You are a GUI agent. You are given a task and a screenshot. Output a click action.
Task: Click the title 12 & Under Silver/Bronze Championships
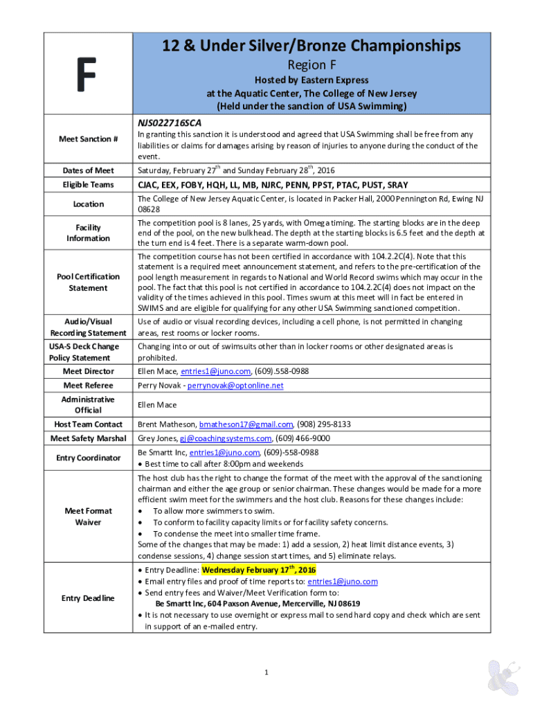311,46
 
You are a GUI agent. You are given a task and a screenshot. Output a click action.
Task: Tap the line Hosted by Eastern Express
310,80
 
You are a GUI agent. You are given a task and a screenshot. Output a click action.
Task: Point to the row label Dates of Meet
88,170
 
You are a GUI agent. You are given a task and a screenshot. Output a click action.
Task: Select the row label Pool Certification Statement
88,282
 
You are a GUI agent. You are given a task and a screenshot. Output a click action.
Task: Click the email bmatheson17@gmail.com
246,424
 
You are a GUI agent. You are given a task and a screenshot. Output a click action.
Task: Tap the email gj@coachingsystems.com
226,438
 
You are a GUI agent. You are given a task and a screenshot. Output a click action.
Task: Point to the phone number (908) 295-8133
325,424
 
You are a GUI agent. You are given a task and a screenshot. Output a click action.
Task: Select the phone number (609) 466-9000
302,438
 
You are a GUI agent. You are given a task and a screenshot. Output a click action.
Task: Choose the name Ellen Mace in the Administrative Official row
157,405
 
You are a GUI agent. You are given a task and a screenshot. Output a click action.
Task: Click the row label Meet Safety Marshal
88,438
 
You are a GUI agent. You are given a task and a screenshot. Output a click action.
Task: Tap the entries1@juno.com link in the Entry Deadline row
343,582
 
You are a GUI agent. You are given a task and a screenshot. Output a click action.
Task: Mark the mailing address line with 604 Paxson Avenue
252,604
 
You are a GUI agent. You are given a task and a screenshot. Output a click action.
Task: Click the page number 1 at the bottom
266,672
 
